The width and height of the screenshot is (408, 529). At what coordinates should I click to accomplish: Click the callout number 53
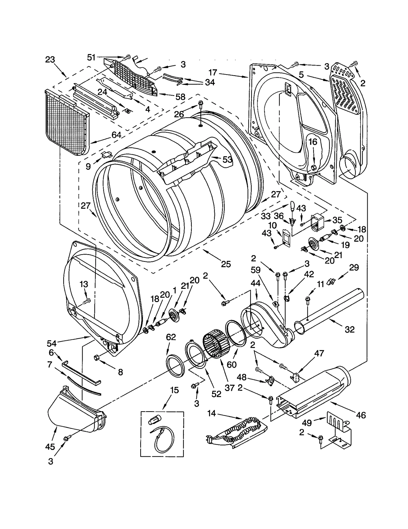227,160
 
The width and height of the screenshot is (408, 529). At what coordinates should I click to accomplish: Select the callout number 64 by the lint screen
116,135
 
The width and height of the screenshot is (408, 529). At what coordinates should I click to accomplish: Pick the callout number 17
212,73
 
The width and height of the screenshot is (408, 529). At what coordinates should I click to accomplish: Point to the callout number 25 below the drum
226,264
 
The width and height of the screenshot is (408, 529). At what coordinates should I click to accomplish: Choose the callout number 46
361,415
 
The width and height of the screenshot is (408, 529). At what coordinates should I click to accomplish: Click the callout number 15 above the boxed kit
175,390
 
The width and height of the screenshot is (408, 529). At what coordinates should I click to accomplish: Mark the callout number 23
50,59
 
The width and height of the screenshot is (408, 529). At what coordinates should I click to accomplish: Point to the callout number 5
301,75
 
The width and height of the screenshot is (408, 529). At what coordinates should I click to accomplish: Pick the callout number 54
52,343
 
